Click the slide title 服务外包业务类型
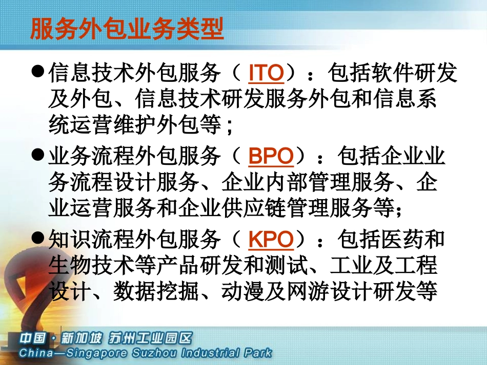127,29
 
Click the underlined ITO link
266,73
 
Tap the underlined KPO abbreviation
271,239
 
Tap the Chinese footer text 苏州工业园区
149,338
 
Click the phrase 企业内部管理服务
308,182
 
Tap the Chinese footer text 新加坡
80,338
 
